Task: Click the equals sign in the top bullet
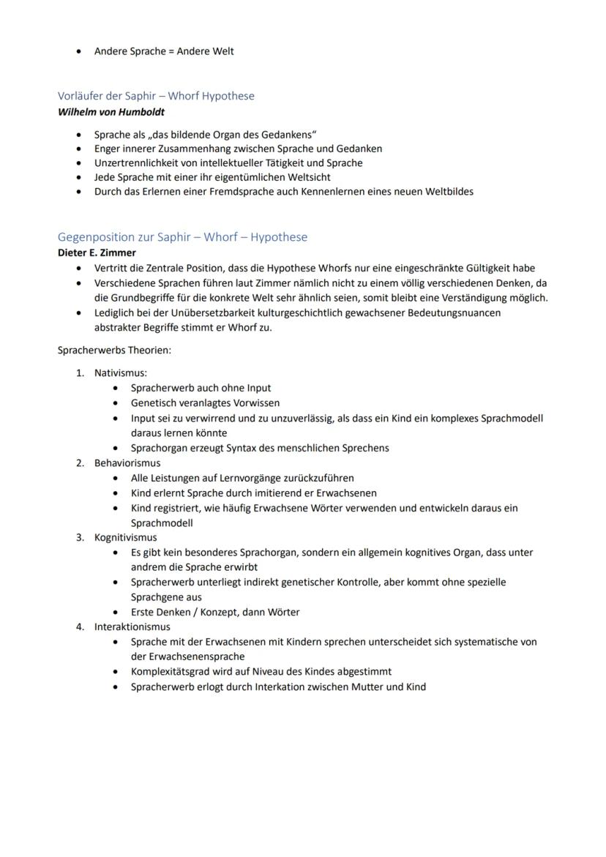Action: pyautogui.click(x=172, y=51)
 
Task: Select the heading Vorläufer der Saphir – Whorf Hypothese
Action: pyautogui.click(x=156, y=96)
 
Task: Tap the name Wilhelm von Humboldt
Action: pyautogui.click(x=111, y=112)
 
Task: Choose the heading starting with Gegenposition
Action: pyautogui.click(x=182, y=236)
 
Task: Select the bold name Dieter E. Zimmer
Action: pyautogui.click(x=97, y=252)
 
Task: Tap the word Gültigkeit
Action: pyautogui.click(x=485, y=268)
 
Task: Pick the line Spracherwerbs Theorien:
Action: pyautogui.click(x=114, y=350)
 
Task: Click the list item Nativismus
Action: pyautogui.click(x=120, y=373)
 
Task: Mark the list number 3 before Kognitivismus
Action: pyautogui.click(x=80, y=537)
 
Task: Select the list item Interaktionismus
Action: pyautogui.click(x=132, y=626)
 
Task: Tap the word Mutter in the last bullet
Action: pyautogui.click(x=357, y=686)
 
